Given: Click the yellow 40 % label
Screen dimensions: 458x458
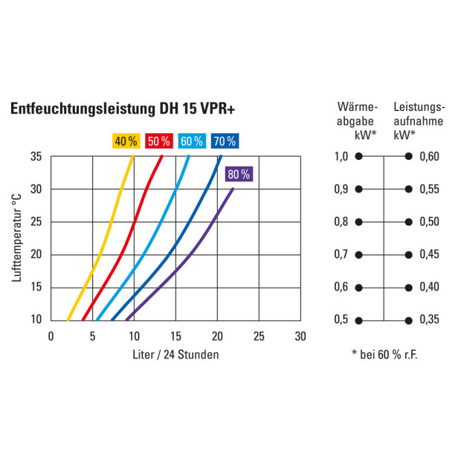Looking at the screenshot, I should pyautogui.click(x=126, y=141).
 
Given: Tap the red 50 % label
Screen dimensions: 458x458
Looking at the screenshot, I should pyautogui.click(x=158, y=141).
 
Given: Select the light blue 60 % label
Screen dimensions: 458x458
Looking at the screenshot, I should pyautogui.click(x=191, y=141).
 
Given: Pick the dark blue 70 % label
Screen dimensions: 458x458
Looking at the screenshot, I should pyautogui.click(x=224, y=141).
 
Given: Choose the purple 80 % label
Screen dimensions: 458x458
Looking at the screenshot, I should pyautogui.click(x=239, y=175).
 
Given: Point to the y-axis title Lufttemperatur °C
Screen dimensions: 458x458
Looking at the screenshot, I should pyautogui.click(x=16, y=238).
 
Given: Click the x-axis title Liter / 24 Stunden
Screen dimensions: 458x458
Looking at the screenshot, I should pyautogui.click(x=175, y=355).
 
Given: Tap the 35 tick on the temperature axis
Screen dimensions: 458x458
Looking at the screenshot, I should pyautogui.click(x=36, y=157).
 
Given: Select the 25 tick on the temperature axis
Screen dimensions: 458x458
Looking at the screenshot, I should pyautogui.click(x=36, y=222).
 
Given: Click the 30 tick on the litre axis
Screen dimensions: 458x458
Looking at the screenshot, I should pyautogui.click(x=300, y=336).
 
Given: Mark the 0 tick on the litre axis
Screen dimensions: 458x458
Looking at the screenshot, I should pyautogui.click(x=51, y=336).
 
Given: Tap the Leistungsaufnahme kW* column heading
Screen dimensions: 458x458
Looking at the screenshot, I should pyautogui.click(x=419, y=120).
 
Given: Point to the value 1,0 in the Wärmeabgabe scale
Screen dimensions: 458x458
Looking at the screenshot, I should pyautogui.click(x=341, y=157).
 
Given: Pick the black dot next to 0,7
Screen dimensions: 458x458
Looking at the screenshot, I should pyautogui.click(x=358, y=255).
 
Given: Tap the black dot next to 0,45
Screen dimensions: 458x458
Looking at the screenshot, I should pyautogui.click(x=408, y=255).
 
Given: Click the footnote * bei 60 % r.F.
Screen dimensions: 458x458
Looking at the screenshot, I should pyautogui.click(x=384, y=354).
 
